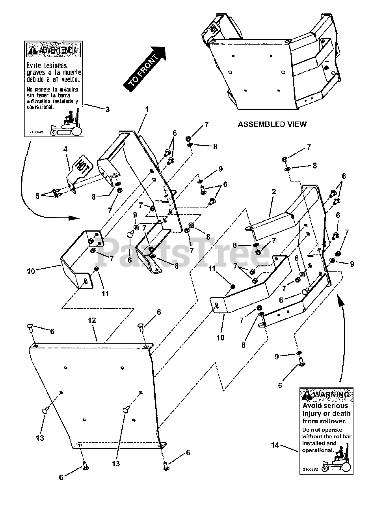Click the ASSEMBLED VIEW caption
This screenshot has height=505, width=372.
272,124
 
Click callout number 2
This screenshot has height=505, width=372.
273,191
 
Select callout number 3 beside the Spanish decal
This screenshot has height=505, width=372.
107,109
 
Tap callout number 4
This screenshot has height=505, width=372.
66,150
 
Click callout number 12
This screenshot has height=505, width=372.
91,321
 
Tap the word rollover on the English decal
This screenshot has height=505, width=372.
331,421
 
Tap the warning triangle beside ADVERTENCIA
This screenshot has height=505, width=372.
32,50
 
